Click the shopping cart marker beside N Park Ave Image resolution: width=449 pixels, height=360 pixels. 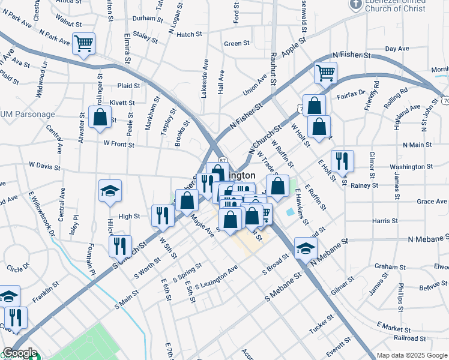click(x=83, y=43)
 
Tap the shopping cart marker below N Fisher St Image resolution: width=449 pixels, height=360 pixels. click(x=325, y=73)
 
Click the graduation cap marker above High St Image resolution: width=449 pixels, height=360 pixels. click(x=110, y=191)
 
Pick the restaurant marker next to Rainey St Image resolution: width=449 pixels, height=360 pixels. click(x=342, y=161)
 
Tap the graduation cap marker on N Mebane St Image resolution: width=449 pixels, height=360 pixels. click(x=306, y=248)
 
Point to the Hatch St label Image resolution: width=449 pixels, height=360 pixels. click(x=189, y=35)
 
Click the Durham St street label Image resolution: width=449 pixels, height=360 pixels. click(x=144, y=18)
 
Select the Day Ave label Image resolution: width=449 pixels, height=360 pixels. click(x=397, y=49)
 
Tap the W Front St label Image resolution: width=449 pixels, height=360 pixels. click(x=118, y=143)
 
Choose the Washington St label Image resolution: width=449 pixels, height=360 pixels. click(x=411, y=167)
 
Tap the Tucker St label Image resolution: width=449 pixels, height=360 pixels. click(x=321, y=325)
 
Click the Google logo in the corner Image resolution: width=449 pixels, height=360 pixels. click(x=20, y=353)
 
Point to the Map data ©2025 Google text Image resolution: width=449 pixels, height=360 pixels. click(x=412, y=355)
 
